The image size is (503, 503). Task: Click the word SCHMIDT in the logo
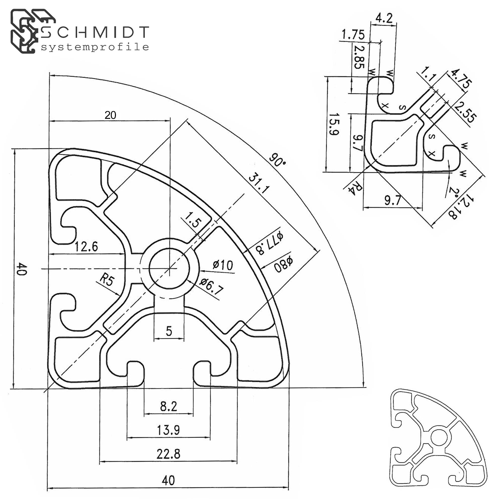pyautogui.click(x=95, y=32)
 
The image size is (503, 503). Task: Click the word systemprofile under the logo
pyautogui.click(x=95, y=47)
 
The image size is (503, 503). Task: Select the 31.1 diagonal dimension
pyautogui.click(x=258, y=184)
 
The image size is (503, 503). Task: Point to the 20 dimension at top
pyautogui.click(x=110, y=115)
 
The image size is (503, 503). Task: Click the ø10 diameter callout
pyautogui.click(x=223, y=265)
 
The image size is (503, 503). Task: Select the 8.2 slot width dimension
pyautogui.click(x=169, y=406)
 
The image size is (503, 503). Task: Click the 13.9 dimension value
pyautogui.click(x=169, y=430)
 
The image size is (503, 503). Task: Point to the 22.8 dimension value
pyautogui.click(x=169, y=454)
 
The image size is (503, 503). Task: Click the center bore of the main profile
pyautogui.click(x=170, y=268)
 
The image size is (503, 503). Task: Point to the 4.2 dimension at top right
pyautogui.click(x=384, y=18)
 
